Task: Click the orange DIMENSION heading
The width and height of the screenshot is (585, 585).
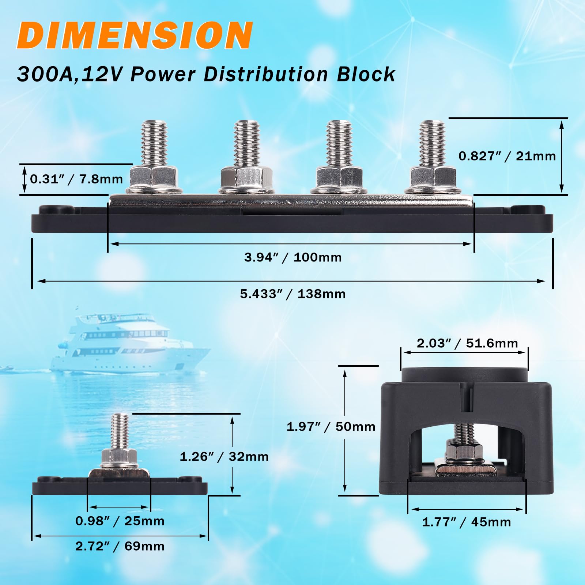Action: click(135, 35)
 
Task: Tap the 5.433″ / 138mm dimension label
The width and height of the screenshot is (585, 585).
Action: click(292, 294)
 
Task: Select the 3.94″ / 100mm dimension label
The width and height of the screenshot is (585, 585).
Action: click(293, 257)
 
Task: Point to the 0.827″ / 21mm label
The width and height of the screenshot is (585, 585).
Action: click(507, 156)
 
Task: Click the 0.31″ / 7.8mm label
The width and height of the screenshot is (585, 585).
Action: click(76, 179)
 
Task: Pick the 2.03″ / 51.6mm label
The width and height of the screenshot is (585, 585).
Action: click(467, 343)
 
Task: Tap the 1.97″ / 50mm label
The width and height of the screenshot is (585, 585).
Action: click(331, 427)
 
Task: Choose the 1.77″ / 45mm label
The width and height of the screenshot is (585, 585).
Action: click(467, 522)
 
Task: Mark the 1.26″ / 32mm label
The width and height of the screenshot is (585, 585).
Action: click(224, 457)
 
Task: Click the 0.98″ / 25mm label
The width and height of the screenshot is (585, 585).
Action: click(120, 521)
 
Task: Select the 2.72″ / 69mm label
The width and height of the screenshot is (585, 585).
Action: click(120, 546)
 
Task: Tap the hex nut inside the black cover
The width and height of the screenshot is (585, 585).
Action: click(464, 453)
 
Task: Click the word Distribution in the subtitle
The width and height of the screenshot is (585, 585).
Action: click(265, 75)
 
